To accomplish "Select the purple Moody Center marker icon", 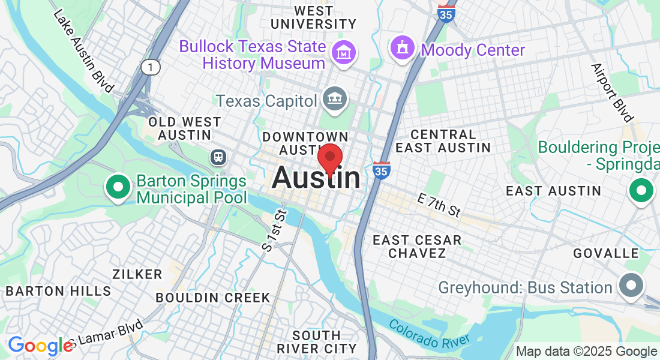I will click(403, 48).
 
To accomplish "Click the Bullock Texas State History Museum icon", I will click(344, 52).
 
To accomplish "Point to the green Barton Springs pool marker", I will click(118, 187).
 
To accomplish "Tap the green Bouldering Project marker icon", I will click(641, 191).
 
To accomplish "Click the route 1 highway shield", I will click(151, 67).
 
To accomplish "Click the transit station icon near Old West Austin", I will click(217, 157).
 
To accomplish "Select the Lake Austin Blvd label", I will click(83, 50).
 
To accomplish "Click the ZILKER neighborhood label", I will click(137, 274).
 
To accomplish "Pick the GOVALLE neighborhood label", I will click(606, 253).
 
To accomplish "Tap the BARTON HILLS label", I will click(58, 292).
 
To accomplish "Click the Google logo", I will click(40, 346).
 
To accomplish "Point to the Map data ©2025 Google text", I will click(587, 352).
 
